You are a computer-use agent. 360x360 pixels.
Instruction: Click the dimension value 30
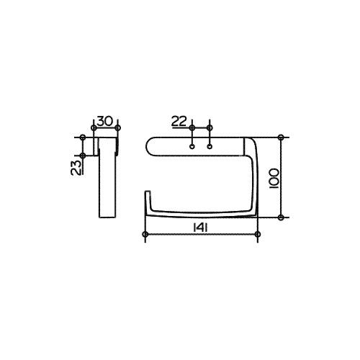(104, 121)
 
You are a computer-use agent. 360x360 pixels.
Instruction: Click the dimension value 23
(76, 167)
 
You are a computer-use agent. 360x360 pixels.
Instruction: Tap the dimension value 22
(179, 121)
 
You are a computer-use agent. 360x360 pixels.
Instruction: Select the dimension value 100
(274, 178)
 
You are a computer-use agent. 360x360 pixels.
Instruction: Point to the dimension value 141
(200, 228)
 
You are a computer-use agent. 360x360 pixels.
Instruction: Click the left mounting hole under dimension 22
(192, 146)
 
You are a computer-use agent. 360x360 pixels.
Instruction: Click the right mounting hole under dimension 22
(210, 146)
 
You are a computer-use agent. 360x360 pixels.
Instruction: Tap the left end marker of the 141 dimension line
(145, 234)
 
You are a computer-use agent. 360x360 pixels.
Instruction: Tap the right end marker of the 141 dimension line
(258, 234)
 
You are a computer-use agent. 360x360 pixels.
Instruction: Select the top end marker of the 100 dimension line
(281, 138)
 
